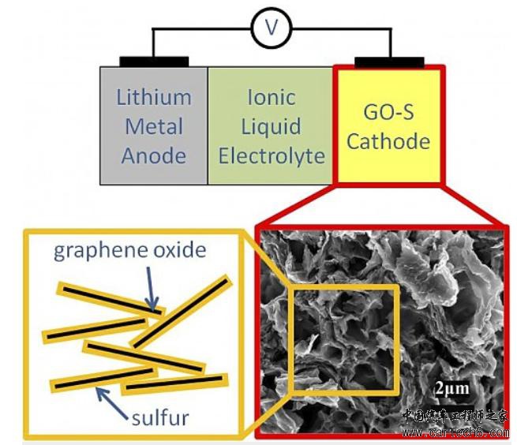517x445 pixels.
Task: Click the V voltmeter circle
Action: (272, 29)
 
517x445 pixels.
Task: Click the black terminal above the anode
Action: (154, 62)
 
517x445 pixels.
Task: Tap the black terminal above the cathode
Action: (389, 62)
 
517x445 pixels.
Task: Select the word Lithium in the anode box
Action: (154, 98)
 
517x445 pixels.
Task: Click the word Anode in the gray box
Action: (154, 155)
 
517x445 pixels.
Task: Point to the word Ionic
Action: (271, 98)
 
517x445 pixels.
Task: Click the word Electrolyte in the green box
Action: (272, 155)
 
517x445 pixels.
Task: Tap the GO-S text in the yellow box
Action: (388, 112)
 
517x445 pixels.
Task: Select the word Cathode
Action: (388, 142)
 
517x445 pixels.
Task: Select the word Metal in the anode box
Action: (154, 126)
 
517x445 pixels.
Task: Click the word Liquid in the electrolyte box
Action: (271, 126)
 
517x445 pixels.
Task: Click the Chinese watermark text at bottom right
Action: (456, 416)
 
